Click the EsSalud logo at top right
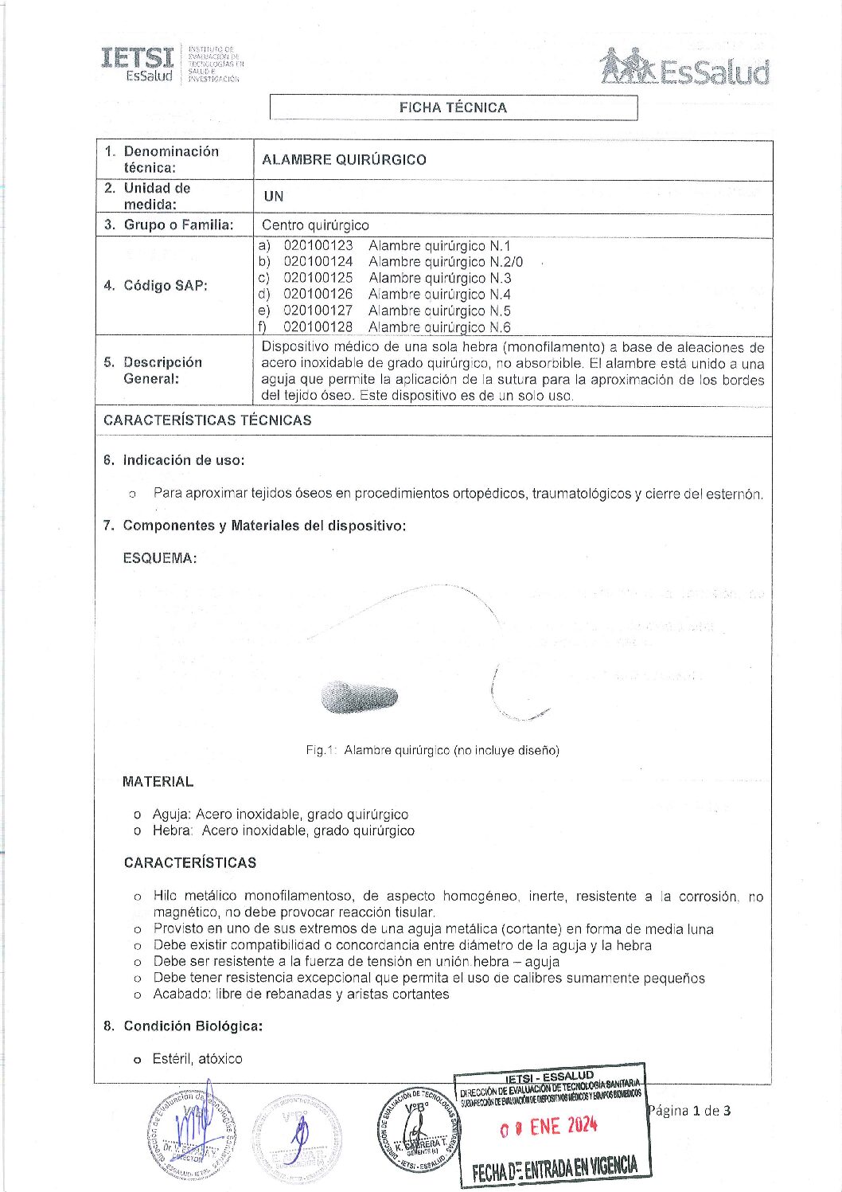pyautogui.click(x=684, y=67)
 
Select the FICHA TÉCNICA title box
pyautogui.click(x=453, y=107)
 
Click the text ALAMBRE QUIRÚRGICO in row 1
pyautogui.click(x=344, y=159)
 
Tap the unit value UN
pyautogui.click(x=274, y=196)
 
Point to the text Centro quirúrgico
pyautogui.click(x=315, y=225)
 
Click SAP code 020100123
pyautogui.click(x=318, y=245)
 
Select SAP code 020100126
pyautogui.click(x=318, y=294)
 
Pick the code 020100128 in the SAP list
pyautogui.click(x=318, y=326)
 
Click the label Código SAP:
pyautogui.click(x=165, y=285)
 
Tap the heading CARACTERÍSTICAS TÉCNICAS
pyautogui.click(x=207, y=420)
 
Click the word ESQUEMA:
pyautogui.click(x=159, y=558)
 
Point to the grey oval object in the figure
pyautogui.click(x=359, y=697)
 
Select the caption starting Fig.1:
pyautogui.click(x=432, y=750)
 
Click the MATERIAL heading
pyautogui.click(x=158, y=782)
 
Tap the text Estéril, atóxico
pyautogui.click(x=197, y=1059)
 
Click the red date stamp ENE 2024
pyautogui.click(x=549, y=1127)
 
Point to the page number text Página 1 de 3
pyautogui.click(x=689, y=1111)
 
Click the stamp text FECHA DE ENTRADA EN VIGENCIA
pyautogui.click(x=555, y=1169)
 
